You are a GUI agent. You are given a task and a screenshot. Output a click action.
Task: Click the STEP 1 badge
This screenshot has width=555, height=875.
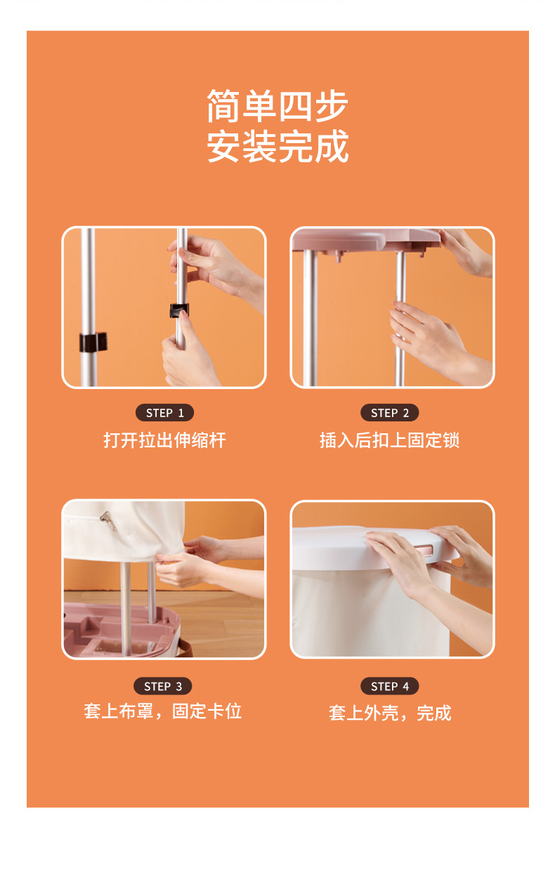pos(164,412)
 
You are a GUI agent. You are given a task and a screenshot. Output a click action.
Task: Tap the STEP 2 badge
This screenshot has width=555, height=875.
pos(389,412)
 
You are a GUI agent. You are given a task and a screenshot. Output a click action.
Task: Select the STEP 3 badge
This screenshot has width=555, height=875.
pos(162,686)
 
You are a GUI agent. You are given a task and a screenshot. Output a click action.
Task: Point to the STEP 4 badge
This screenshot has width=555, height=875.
pos(389,686)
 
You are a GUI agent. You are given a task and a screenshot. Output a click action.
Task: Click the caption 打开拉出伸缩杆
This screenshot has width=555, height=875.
pos(164,440)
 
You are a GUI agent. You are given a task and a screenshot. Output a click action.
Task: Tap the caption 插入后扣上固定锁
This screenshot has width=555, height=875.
pos(389,440)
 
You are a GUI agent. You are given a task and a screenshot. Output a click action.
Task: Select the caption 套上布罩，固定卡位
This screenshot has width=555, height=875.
pos(162,711)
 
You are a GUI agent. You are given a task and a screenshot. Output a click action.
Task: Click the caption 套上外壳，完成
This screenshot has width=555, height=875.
pos(390,713)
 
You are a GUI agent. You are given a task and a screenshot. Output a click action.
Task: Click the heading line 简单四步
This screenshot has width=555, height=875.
pos(277,105)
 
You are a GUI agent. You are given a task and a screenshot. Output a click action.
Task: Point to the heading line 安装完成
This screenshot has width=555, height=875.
pos(277,146)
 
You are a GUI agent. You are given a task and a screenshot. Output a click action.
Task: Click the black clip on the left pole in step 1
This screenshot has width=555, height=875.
pos(93,342)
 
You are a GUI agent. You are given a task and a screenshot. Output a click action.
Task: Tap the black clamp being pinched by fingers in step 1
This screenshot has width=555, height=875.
pos(179,310)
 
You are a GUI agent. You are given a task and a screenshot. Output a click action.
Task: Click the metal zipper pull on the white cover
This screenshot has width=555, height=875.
pos(107,520)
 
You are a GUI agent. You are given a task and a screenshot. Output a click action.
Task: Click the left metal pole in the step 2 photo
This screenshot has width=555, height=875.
pos(310,317)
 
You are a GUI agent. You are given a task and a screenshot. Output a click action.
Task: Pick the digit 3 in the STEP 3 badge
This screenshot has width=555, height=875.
pos(179,686)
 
